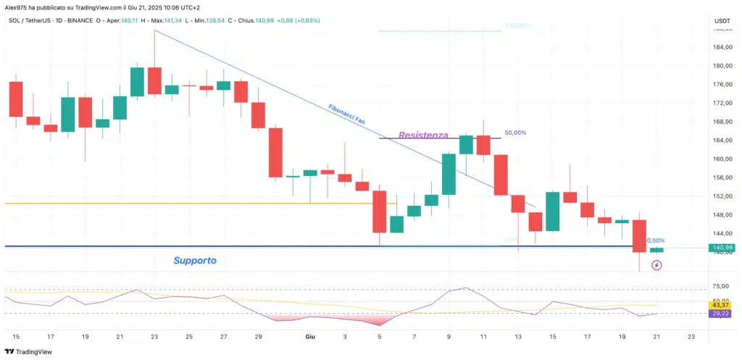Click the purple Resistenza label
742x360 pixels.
tap(423, 135)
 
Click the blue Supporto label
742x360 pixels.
tap(194, 260)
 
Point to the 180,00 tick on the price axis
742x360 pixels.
tap(722, 66)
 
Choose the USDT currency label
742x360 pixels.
tap(722, 21)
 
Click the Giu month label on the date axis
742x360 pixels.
tap(310, 337)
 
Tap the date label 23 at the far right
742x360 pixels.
tap(691, 337)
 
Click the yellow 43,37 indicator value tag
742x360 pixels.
tap(722, 304)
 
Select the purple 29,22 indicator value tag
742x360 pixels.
tap(722, 314)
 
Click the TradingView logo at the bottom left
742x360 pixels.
tap(29, 351)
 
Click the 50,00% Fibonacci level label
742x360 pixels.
tap(515, 133)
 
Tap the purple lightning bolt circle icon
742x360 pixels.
tap(656, 266)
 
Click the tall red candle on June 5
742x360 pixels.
tap(379, 212)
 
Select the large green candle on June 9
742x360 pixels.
tap(449, 174)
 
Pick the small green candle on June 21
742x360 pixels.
tap(656, 250)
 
